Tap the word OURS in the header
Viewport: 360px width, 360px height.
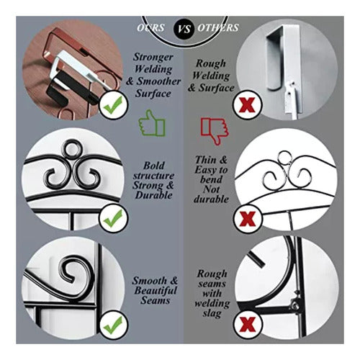150,27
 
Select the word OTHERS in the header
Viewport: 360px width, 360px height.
218,27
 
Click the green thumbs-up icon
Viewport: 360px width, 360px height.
152,123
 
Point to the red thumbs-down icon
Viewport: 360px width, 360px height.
215,131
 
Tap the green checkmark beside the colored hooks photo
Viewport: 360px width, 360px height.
114,105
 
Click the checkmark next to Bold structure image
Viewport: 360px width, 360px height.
114,218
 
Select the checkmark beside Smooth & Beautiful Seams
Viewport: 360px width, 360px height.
114,324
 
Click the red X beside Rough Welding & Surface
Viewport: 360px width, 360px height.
248,105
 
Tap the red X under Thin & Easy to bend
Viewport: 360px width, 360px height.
248,218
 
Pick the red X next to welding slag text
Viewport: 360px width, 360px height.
248,324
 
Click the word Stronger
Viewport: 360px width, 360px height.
153,57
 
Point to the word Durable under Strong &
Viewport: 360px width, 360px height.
153,195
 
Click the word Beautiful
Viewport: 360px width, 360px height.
156,290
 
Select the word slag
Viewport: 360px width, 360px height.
212,313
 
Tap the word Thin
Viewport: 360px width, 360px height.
206,160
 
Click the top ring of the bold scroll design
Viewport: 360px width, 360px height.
71,140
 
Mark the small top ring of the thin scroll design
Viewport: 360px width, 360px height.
284,151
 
